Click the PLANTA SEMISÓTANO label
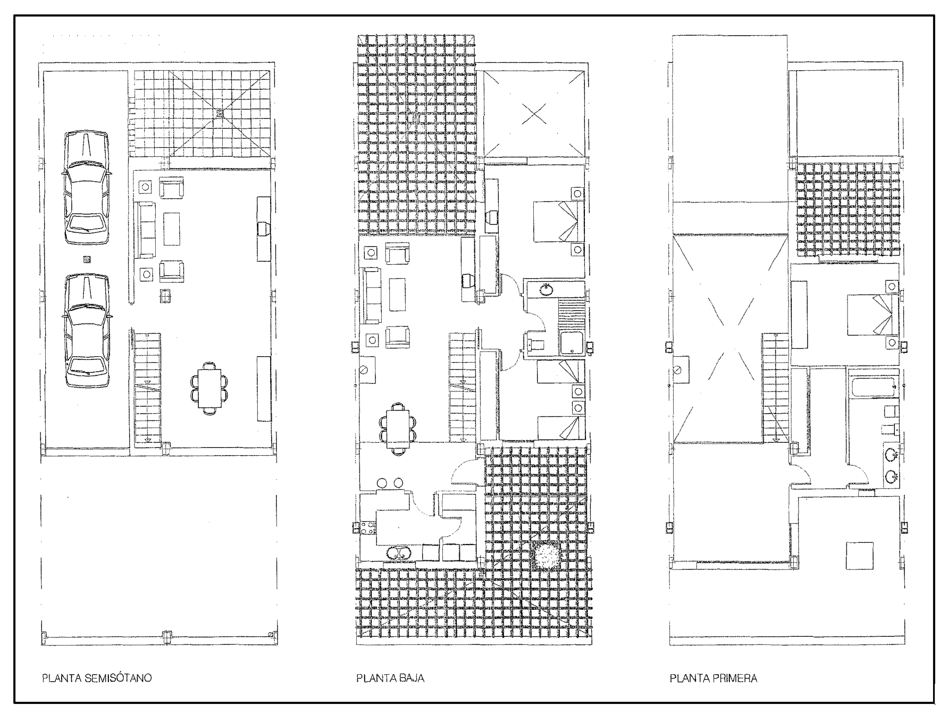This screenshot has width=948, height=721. (x=97, y=678)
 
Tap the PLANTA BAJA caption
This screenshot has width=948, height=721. (x=390, y=678)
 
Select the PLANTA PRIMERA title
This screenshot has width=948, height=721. (x=714, y=678)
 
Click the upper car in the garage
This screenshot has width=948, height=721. (x=86, y=188)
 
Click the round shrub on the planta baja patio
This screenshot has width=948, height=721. (x=546, y=557)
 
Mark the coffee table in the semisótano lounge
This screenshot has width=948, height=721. (x=172, y=229)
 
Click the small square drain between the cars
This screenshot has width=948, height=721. (x=87, y=259)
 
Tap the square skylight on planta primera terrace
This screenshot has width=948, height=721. (x=859, y=556)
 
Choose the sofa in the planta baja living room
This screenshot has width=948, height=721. (x=372, y=295)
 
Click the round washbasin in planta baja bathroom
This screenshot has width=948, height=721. (x=545, y=290)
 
